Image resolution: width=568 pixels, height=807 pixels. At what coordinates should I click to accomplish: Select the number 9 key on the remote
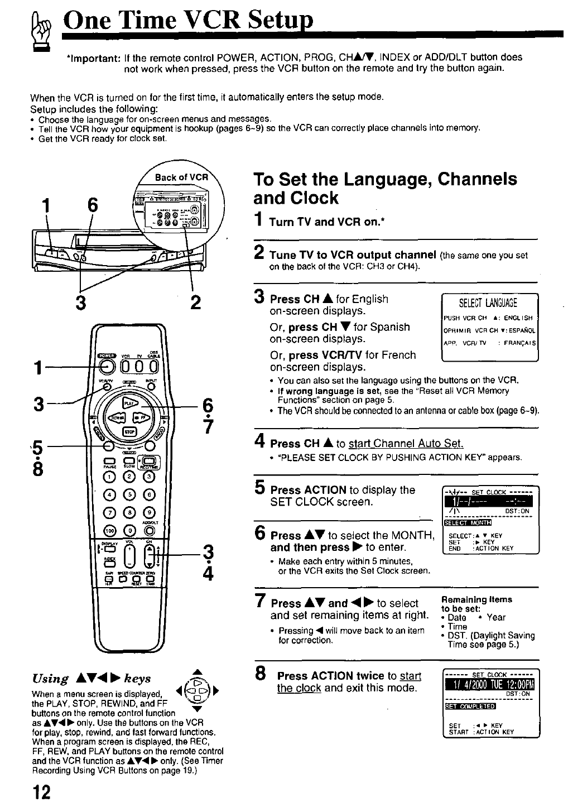(148, 512)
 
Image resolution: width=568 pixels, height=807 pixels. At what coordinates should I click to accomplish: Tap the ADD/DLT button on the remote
(148, 530)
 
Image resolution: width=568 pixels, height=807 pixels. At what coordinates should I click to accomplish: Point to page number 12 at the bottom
(41, 792)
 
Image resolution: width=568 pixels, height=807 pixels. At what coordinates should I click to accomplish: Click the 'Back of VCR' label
(181, 177)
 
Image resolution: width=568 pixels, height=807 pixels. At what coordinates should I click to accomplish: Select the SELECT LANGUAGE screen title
(487, 303)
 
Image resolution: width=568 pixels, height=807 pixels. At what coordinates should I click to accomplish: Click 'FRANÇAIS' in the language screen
(519, 344)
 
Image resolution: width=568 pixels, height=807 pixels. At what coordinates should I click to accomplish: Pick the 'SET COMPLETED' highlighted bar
(469, 707)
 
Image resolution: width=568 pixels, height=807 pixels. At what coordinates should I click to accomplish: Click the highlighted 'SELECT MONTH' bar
(467, 523)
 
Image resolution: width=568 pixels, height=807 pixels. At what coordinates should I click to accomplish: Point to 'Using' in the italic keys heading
(50, 679)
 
